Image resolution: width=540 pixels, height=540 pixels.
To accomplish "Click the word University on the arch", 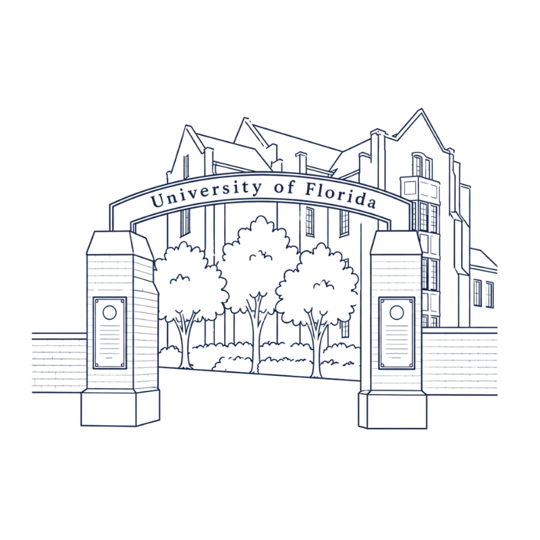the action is tap(206, 193).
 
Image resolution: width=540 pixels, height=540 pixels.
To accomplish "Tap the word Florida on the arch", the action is tap(340, 196).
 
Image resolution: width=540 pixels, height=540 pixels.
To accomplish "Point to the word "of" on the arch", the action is tap(284, 188).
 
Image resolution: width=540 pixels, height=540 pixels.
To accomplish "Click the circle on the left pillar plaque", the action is tap(109, 313).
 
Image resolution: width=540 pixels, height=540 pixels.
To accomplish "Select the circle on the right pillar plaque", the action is tap(397, 313).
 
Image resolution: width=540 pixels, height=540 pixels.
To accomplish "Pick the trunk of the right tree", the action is tap(315, 344).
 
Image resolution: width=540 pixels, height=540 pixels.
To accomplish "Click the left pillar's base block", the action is tap(120, 408).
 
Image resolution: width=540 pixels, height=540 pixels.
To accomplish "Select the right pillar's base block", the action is tap(393, 410).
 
